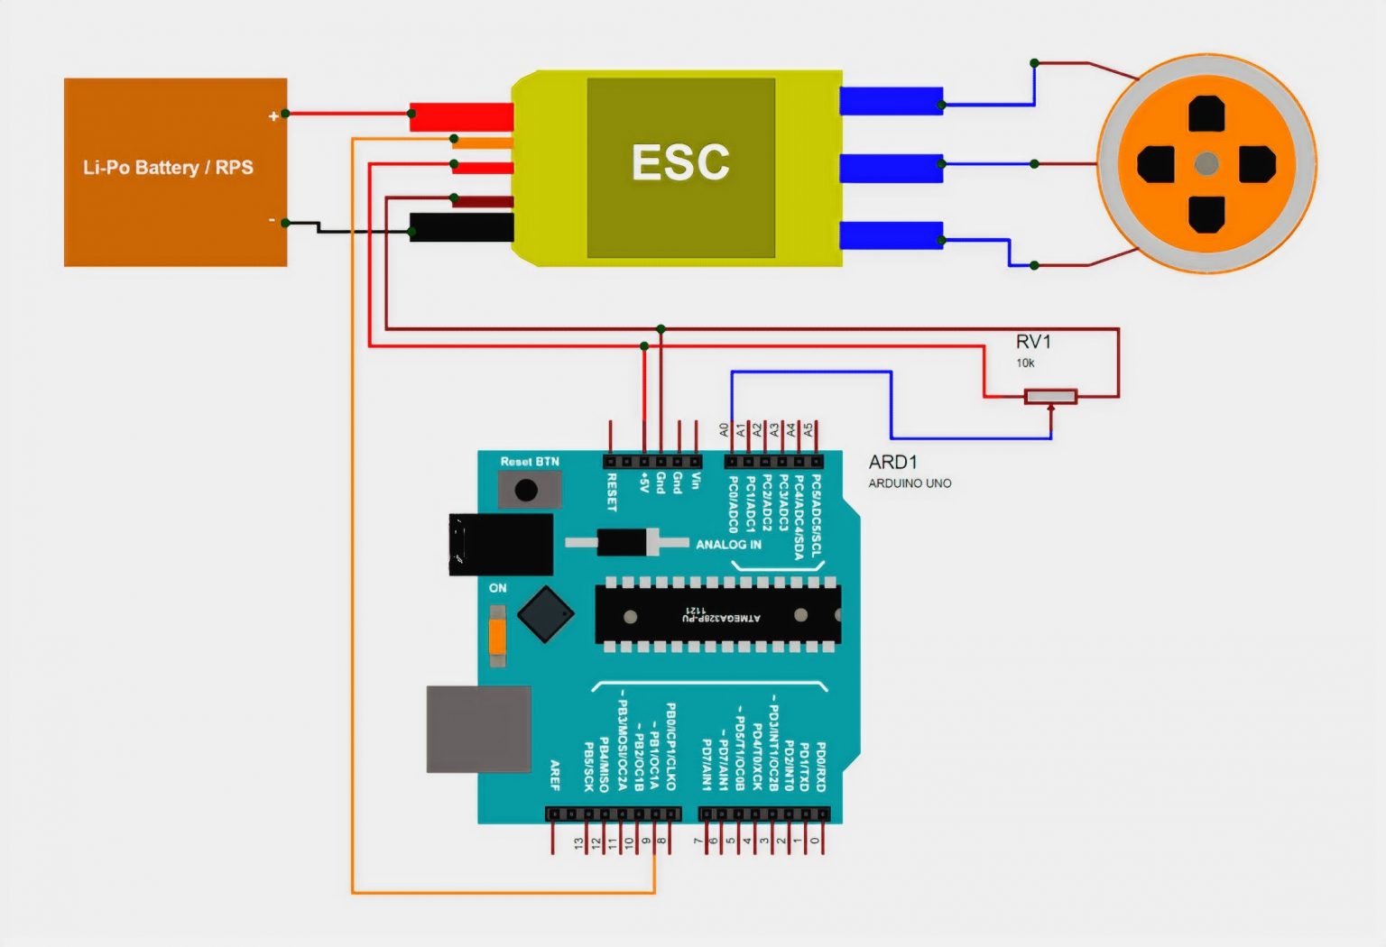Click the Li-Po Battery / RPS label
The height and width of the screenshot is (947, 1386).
pos(168,168)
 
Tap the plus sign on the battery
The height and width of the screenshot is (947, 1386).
pos(273,116)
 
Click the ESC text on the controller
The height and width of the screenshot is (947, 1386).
pos(680,163)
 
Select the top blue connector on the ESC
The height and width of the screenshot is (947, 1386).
pos(891,101)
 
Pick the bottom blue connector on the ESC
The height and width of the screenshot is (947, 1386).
pos(891,235)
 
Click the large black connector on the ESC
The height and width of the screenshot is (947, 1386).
pos(461,227)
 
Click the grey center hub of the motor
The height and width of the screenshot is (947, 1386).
pos(1206,164)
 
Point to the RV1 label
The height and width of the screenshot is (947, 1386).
pos(1033,342)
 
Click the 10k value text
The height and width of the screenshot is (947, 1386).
pos(1025,363)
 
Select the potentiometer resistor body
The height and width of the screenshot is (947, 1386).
pos(1050,396)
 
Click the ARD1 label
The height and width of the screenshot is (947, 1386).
pos(892,462)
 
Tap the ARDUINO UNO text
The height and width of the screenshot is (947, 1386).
pos(910,483)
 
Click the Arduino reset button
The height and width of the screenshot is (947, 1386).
pos(526,491)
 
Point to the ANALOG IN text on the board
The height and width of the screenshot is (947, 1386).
pos(728,545)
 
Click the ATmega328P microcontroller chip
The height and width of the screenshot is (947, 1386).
pos(717,616)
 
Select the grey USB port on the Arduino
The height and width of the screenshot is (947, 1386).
pos(478,729)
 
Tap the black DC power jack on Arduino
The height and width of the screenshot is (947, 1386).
pos(501,544)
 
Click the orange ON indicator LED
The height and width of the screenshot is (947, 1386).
pos(497,637)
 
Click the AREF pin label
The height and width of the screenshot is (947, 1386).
pos(555,775)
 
